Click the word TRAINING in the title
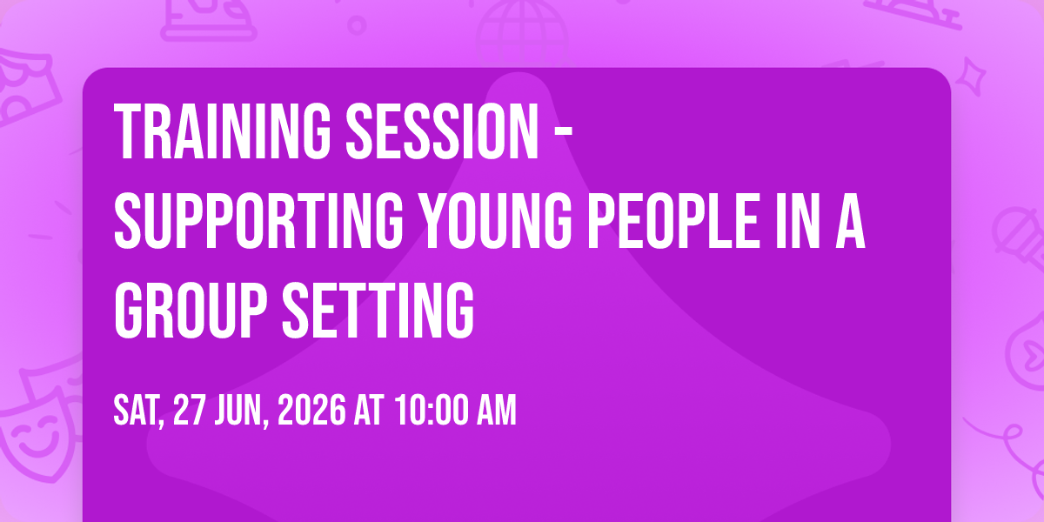point(222,132)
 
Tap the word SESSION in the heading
point(442,132)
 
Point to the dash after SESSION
point(565,132)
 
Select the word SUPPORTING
point(258,220)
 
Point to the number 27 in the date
point(189,410)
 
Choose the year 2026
point(311,410)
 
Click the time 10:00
point(432,410)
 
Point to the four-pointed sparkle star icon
point(971,77)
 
